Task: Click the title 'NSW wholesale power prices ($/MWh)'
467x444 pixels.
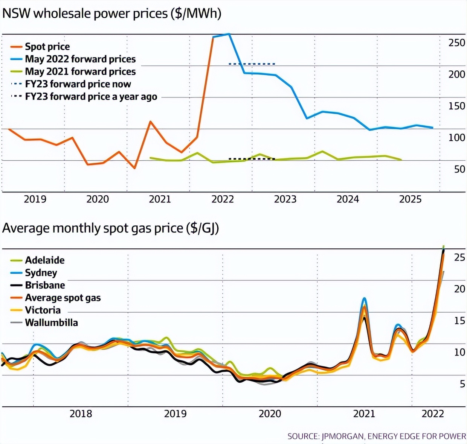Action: click(x=111, y=14)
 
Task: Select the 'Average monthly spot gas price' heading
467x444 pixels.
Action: click(x=110, y=228)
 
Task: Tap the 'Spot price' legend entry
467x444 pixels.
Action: click(x=47, y=47)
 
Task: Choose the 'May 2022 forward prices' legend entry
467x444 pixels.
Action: click(x=80, y=59)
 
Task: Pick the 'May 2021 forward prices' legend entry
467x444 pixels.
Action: click(x=80, y=71)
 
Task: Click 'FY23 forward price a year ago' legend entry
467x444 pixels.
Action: click(x=91, y=97)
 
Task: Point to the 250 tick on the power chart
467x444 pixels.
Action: click(x=456, y=43)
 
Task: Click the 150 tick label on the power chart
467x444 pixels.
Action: click(x=456, y=106)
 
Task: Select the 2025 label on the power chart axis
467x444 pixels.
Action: click(x=410, y=199)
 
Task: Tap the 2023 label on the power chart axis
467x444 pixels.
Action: click(x=285, y=199)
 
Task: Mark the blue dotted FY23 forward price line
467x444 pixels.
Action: click(x=252, y=64)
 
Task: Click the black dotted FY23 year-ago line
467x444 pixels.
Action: click(x=252, y=159)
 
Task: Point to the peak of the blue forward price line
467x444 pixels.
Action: click(x=229, y=34)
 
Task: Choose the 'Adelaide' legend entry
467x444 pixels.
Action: click(x=44, y=260)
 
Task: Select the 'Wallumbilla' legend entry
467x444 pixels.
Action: click(x=51, y=323)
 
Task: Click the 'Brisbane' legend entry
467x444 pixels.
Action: click(x=45, y=285)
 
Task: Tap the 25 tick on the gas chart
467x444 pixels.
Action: click(x=459, y=258)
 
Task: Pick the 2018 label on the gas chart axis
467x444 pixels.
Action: click(x=81, y=414)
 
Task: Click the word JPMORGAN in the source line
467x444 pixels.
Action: click(x=343, y=436)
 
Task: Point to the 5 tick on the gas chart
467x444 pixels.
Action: click(x=462, y=384)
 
